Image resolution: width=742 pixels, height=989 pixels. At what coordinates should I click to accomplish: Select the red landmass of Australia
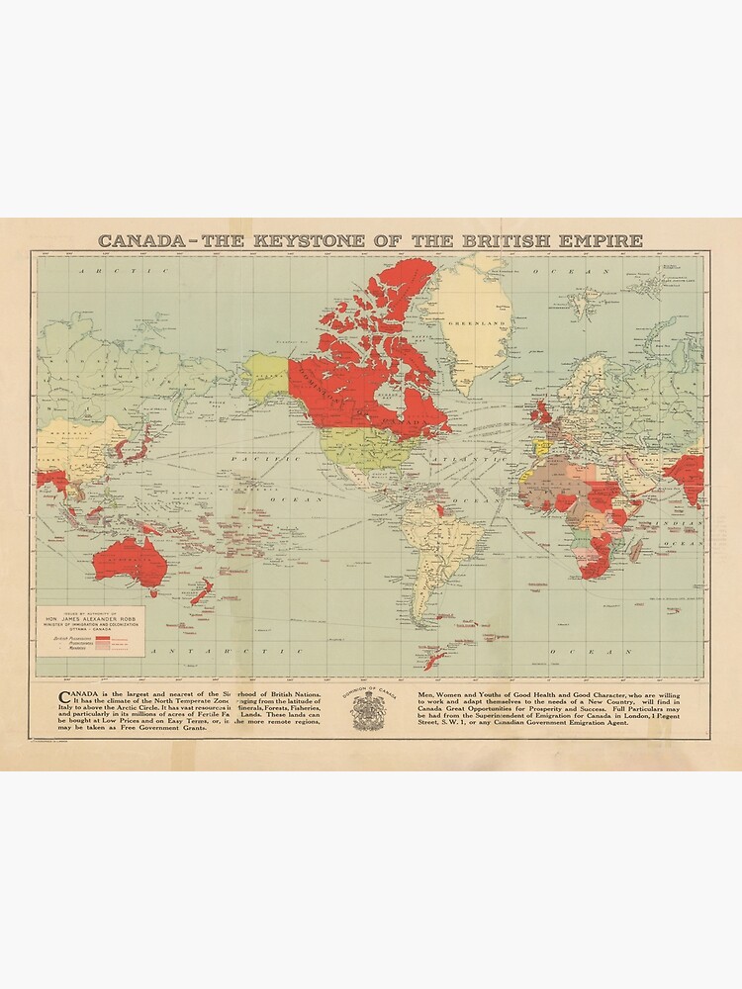(x=128, y=560)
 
